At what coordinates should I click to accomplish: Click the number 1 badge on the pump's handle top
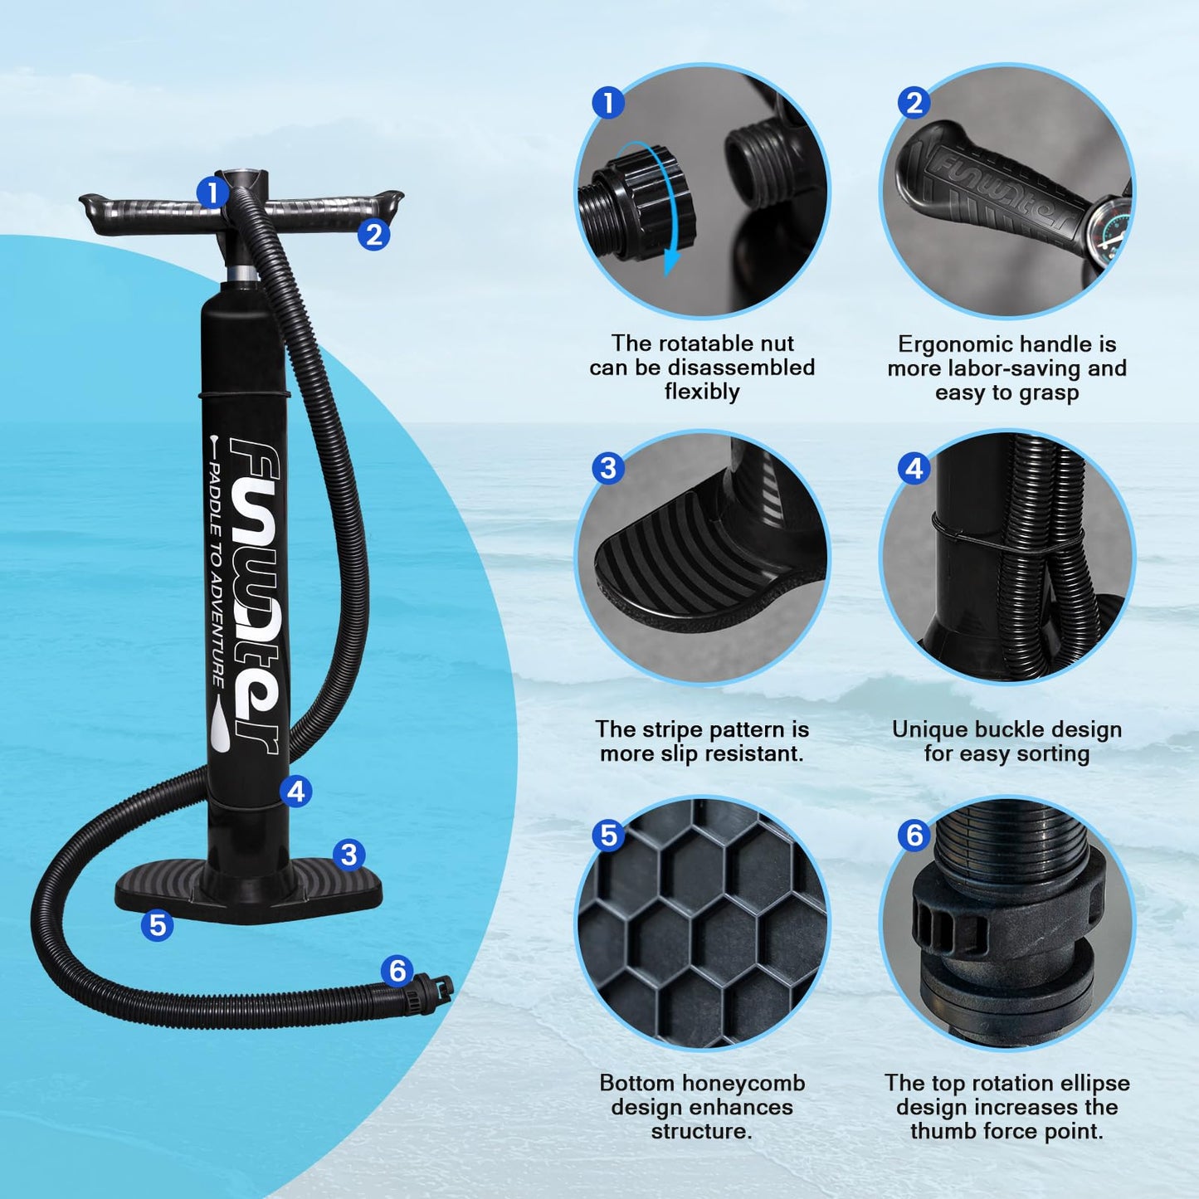pos(212,193)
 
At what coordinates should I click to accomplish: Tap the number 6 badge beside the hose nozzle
pos(397,970)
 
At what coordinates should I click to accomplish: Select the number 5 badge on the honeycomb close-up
pos(608,835)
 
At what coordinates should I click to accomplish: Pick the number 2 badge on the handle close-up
pos(914,103)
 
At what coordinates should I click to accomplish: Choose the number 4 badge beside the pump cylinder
pos(296,792)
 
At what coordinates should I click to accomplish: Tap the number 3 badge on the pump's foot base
pos(348,854)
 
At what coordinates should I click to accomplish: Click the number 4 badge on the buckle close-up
pos(914,468)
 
